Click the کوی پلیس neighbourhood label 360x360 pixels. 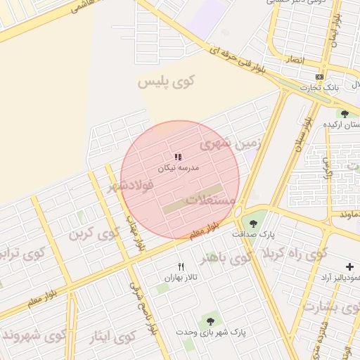[x=165, y=83]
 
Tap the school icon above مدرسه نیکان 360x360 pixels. [x=178, y=157]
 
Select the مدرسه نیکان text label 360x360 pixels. [x=178, y=169]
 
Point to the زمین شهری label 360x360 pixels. [x=230, y=145]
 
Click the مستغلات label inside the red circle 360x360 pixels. [x=210, y=200]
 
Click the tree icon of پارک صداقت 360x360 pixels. [x=253, y=223]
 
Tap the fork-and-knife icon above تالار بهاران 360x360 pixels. [x=181, y=266]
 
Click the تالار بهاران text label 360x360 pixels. [x=179, y=278]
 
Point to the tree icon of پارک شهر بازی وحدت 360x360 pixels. [x=210, y=321]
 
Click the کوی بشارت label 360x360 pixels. [x=330, y=307]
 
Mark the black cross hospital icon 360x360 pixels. [x=349, y=266]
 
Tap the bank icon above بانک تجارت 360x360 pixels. [x=320, y=77]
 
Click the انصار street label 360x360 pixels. [x=294, y=61]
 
